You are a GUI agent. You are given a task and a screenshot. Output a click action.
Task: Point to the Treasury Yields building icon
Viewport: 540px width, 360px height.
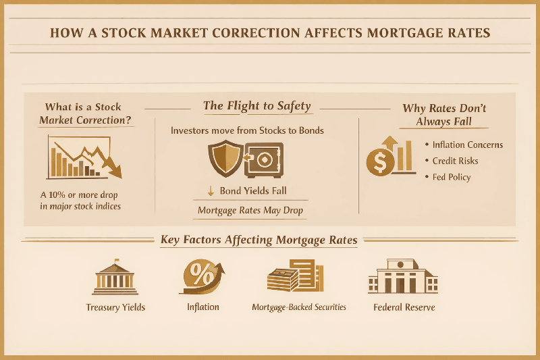pyautogui.click(x=115, y=279)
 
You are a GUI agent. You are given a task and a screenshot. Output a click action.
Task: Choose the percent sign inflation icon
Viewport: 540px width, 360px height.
pyautogui.click(x=202, y=278)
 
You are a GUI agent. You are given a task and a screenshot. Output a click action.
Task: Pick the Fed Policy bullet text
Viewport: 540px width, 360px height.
pyautogui.click(x=452, y=177)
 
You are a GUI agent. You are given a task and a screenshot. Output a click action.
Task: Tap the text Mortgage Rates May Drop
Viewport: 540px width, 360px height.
pyautogui.click(x=250, y=211)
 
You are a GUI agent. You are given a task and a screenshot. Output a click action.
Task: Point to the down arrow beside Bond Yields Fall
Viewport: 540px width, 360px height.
pyautogui.click(x=211, y=191)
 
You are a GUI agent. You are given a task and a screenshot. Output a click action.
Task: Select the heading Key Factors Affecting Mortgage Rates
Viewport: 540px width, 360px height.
pyautogui.click(x=259, y=240)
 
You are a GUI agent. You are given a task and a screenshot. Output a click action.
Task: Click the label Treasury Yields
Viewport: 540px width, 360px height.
pyautogui.click(x=115, y=307)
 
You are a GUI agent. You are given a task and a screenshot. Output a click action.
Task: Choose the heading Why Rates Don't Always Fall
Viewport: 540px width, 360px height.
pyautogui.click(x=443, y=115)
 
